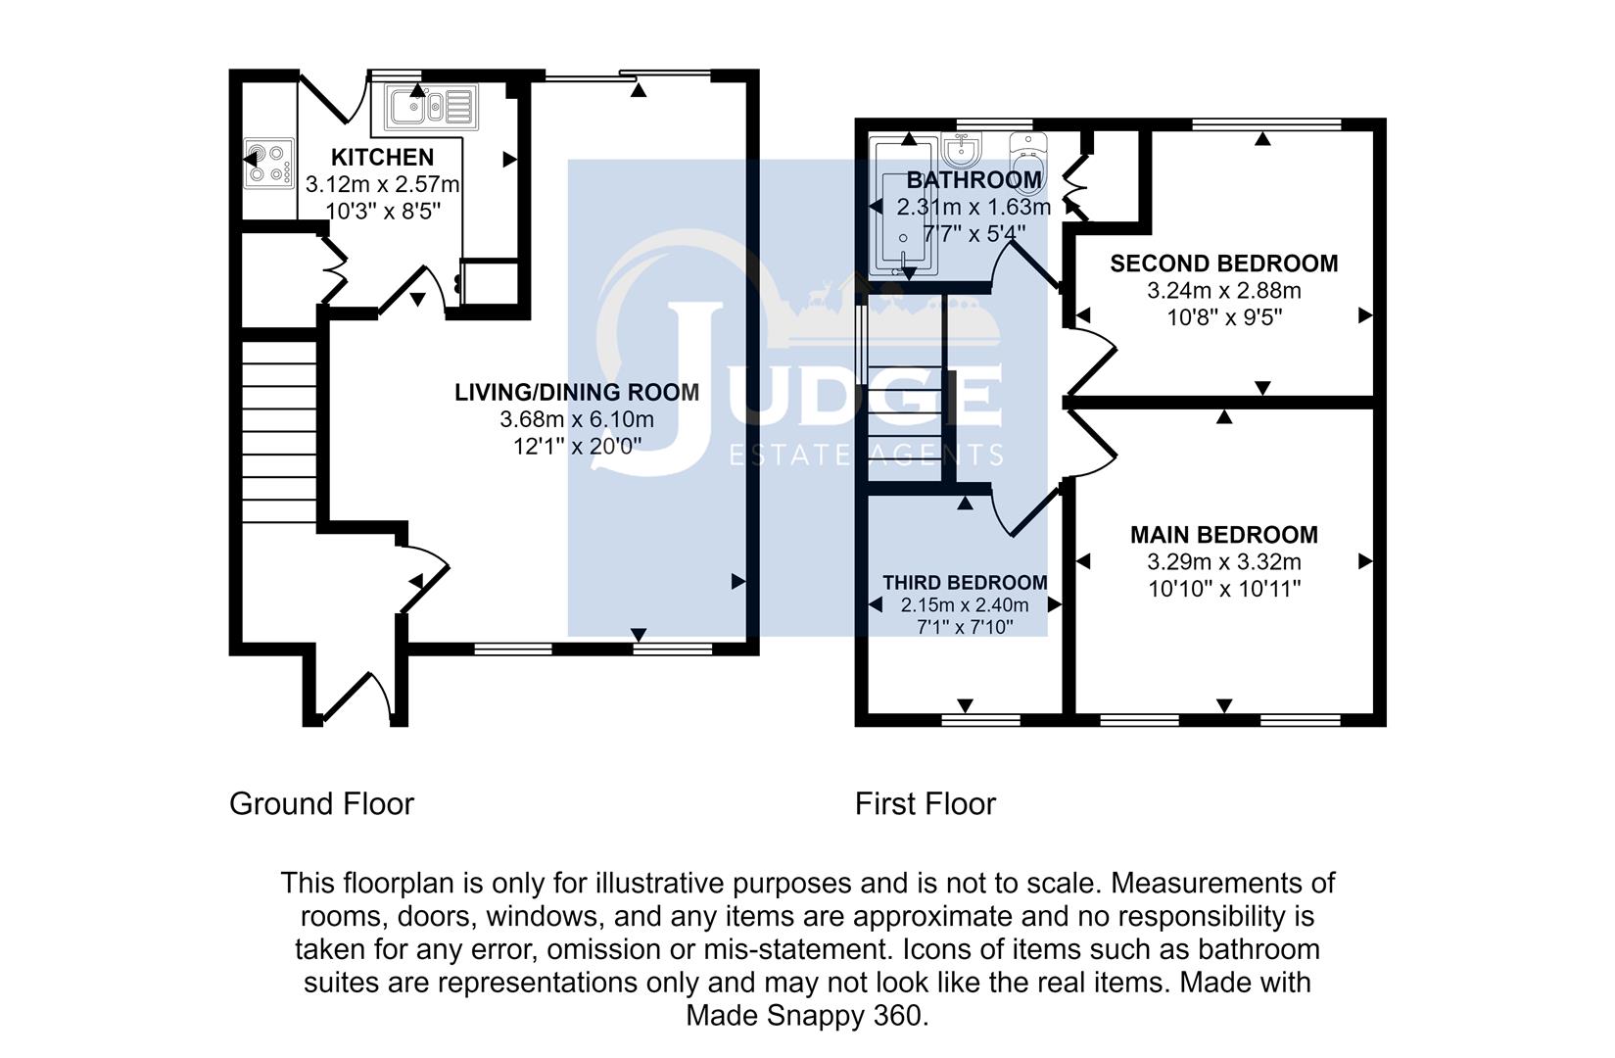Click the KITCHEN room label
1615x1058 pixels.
[x=382, y=157]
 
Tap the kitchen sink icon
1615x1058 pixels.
[x=431, y=108]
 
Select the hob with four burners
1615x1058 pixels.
[x=269, y=164]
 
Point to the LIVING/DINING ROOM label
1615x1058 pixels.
[x=577, y=392]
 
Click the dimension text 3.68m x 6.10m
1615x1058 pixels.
[x=577, y=419]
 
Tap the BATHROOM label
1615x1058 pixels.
[x=974, y=179]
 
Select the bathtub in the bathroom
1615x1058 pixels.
[x=903, y=207]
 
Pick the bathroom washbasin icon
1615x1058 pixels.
[x=961, y=149]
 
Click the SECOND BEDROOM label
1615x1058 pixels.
[x=1224, y=264]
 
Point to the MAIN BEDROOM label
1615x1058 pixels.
[x=1224, y=535]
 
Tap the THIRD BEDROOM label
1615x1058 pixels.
[x=966, y=583]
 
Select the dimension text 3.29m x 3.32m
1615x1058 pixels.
[x=1224, y=561]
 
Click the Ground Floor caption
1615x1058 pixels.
[x=321, y=803]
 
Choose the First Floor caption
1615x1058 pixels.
[x=925, y=803]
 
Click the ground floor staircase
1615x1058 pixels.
[x=279, y=431]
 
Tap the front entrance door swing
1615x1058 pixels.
[x=357, y=697]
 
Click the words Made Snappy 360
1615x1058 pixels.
[x=807, y=1016]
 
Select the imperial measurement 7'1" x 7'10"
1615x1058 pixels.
[x=965, y=627]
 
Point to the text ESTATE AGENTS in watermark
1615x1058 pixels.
[x=866, y=456]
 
